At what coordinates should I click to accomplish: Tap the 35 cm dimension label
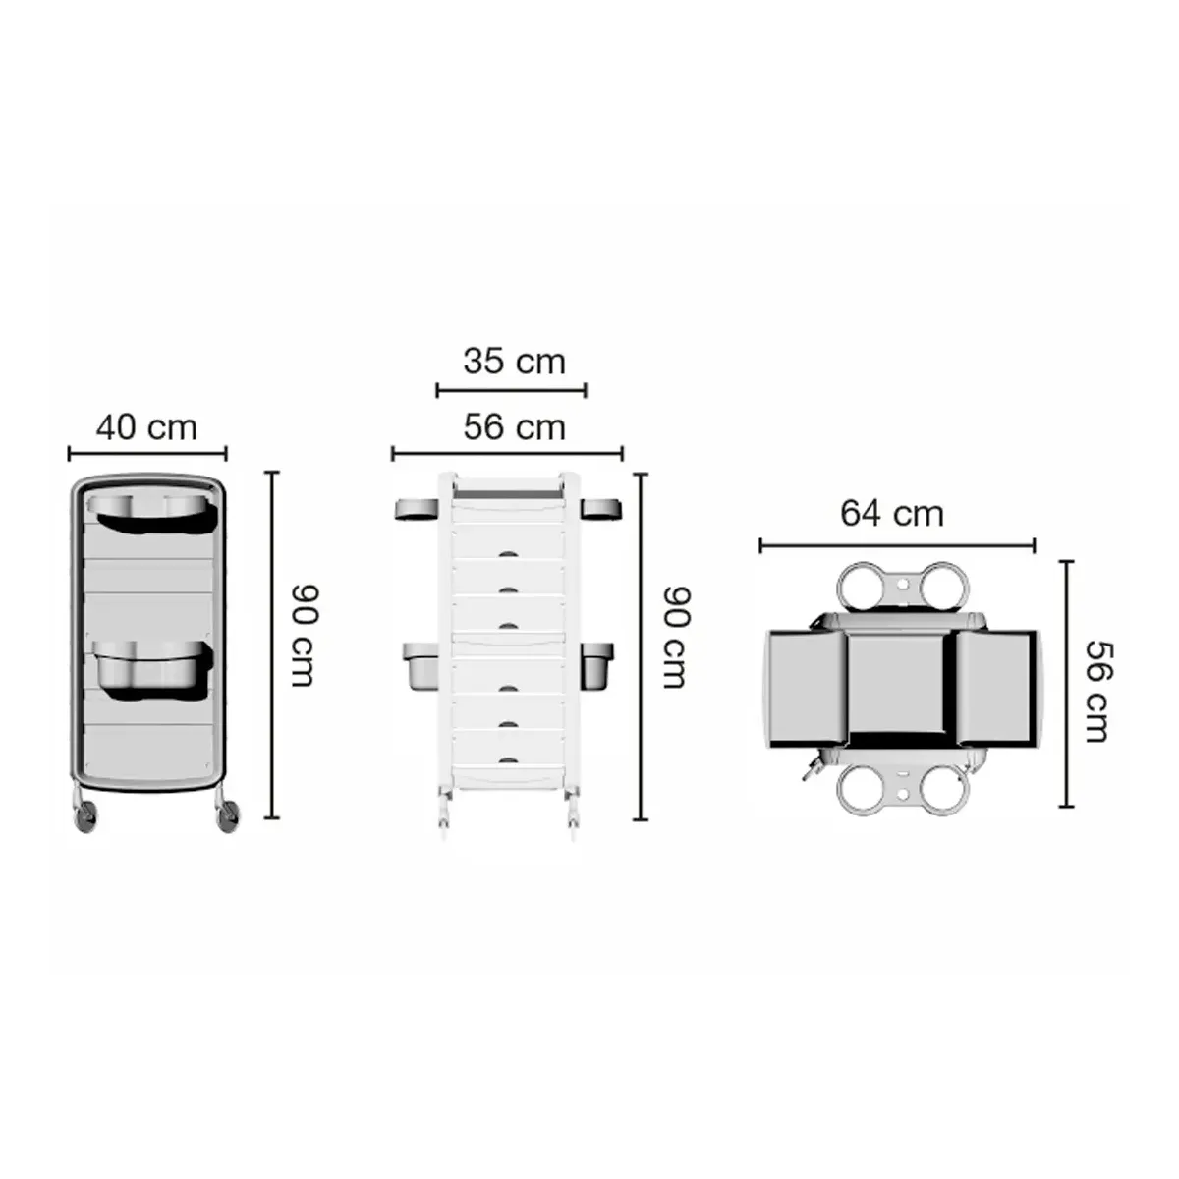515,362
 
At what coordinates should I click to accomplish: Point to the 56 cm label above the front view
515,427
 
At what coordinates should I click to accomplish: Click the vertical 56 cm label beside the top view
1098,692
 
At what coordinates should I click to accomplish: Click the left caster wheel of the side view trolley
85,818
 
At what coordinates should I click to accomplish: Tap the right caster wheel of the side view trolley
228,817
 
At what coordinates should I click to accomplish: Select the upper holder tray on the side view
151,512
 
